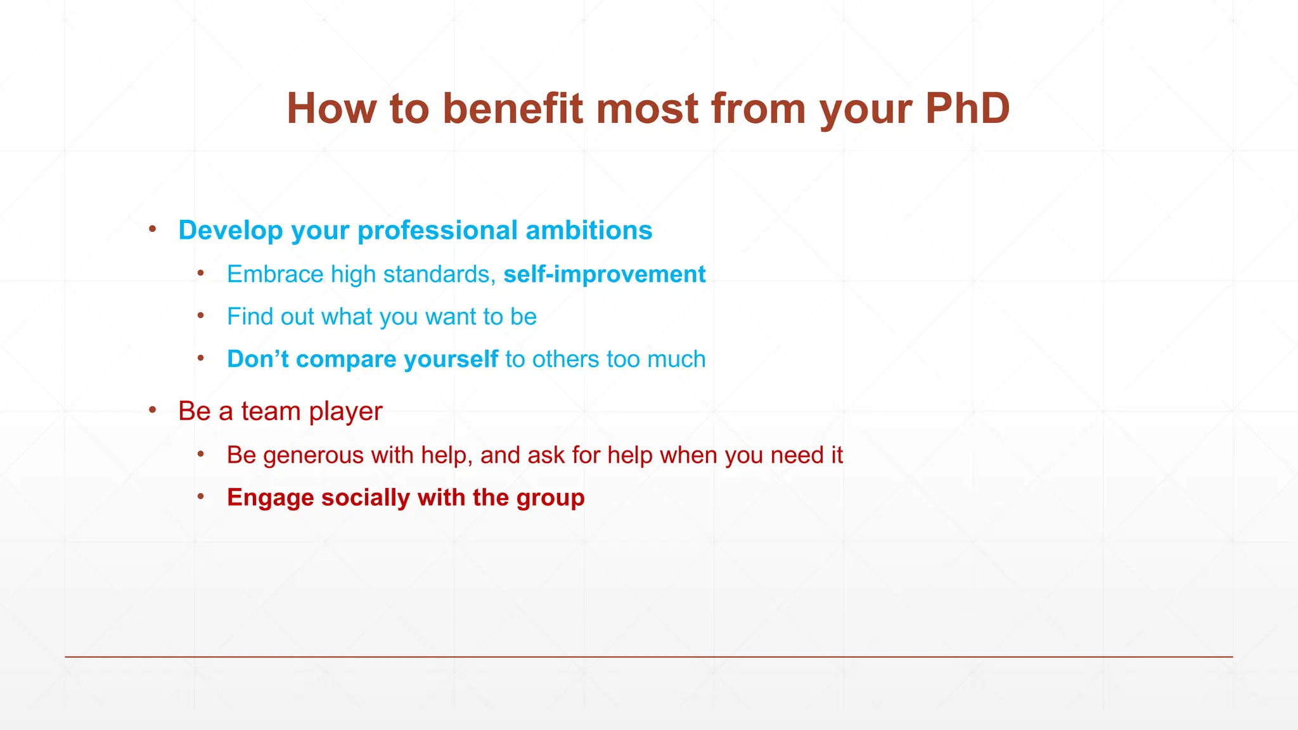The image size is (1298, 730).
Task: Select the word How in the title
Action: pos(331,109)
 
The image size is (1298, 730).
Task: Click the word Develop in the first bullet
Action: pos(231,231)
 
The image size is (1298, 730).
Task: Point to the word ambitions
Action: pos(589,231)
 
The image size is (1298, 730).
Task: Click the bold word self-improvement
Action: pos(604,274)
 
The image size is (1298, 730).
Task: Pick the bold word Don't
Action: pos(258,359)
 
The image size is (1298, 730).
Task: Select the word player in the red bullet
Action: pos(345,412)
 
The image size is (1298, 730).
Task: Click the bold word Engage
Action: pos(270,498)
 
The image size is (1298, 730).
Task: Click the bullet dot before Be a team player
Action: pos(153,411)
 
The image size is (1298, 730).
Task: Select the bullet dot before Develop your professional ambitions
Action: pos(153,229)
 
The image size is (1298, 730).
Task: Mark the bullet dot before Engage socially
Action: pos(200,497)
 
